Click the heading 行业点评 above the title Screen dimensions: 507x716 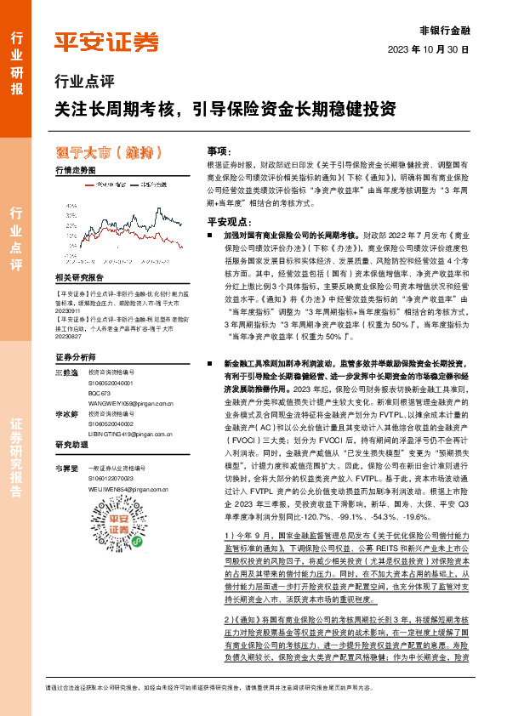tap(79, 82)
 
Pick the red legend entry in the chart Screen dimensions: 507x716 tap(107, 183)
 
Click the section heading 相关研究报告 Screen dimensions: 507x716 tap(79, 278)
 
